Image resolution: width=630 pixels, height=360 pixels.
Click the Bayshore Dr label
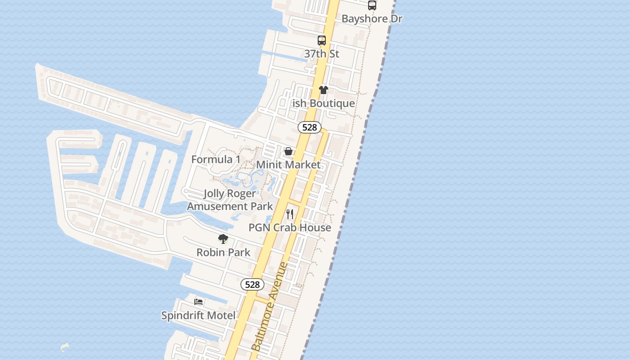click(372, 19)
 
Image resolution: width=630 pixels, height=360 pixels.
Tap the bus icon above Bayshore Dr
click(372, 5)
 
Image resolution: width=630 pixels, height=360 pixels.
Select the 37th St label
click(321, 54)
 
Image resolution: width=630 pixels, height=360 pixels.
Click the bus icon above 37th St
click(322, 40)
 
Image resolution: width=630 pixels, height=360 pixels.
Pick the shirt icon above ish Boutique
click(324, 90)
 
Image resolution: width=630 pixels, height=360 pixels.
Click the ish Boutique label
click(324, 103)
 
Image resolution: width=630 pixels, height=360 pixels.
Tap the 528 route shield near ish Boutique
click(310, 127)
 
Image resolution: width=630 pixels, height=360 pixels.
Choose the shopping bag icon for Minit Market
click(288, 151)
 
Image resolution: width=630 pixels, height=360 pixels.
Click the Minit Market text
click(288, 165)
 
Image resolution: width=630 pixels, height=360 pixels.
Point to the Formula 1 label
click(216, 160)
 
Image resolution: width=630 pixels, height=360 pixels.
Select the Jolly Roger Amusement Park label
click(230, 200)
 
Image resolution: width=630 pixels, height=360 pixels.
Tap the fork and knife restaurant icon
click(290, 214)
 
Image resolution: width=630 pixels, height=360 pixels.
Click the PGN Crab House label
click(290, 228)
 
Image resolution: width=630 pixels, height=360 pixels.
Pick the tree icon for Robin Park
click(223, 239)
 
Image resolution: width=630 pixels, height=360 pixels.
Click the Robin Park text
click(223, 252)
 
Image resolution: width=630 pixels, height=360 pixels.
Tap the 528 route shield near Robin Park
click(252, 284)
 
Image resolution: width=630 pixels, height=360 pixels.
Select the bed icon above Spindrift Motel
click(198, 302)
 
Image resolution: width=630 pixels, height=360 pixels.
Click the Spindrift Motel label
click(198, 315)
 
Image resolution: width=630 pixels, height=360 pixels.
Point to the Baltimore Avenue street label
click(270, 306)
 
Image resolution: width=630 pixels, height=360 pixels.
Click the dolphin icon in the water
click(65, 347)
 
